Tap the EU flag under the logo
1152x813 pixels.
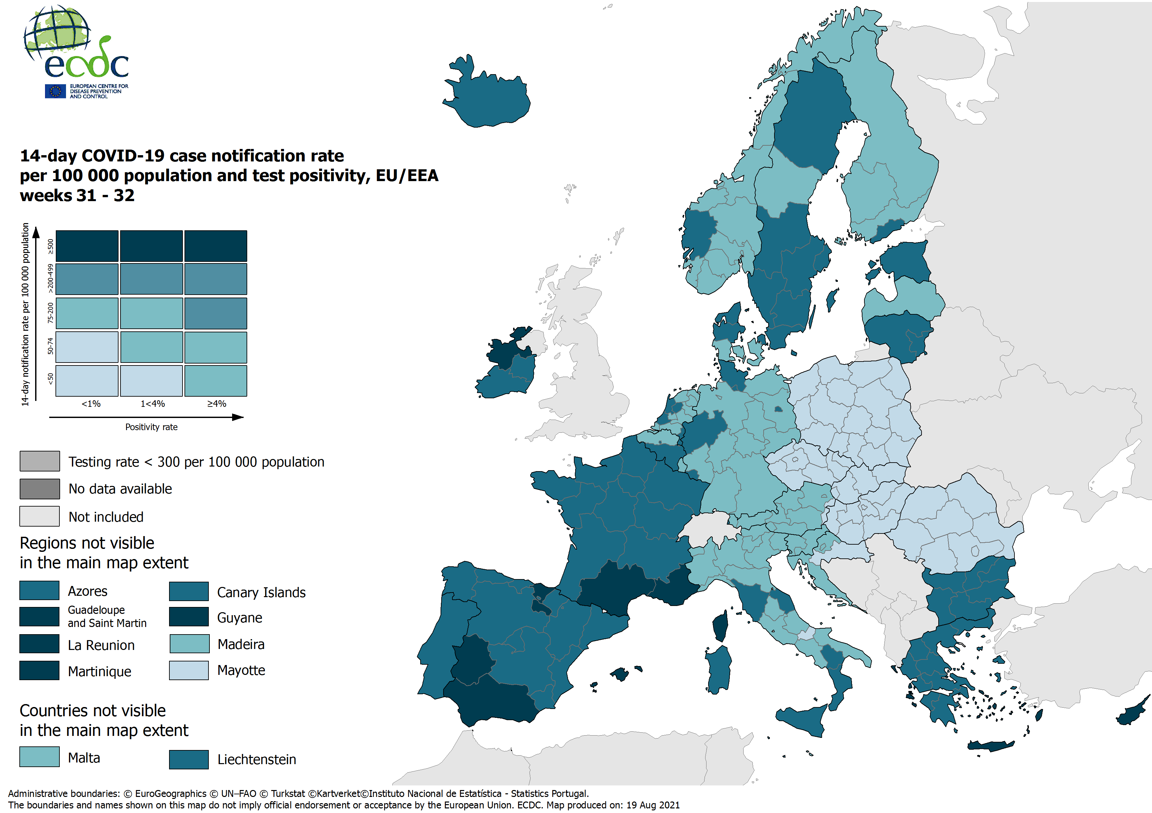point(55,91)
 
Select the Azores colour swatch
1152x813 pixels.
point(39,590)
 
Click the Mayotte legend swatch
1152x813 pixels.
point(189,670)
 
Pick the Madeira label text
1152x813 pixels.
point(241,644)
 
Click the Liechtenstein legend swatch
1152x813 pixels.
point(189,759)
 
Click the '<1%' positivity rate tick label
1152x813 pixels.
point(91,404)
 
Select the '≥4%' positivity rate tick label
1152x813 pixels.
point(217,404)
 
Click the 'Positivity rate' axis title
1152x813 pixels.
point(151,427)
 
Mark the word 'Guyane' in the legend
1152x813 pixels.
point(239,617)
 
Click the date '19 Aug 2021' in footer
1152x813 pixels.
point(652,805)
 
